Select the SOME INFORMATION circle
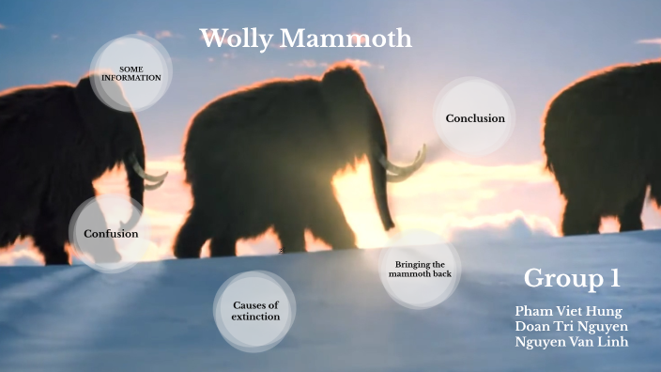tap(131, 73)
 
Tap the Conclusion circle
tap(475, 117)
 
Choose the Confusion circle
tap(110, 233)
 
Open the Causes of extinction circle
tap(255, 311)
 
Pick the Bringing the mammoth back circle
tap(420, 271)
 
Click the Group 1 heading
tap(572, 278)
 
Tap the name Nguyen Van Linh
tap(571, 342)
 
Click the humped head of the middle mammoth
tap(344, 85)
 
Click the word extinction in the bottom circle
tap(255, 318)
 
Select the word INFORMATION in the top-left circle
tap(131, 78)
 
